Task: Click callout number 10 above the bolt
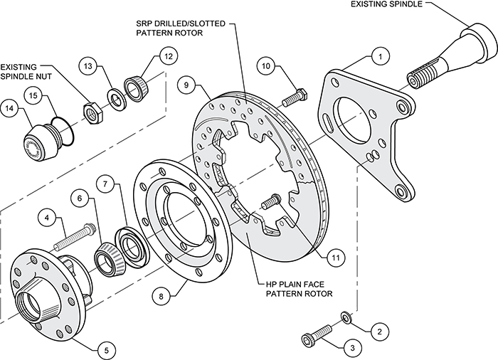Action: click(265, 67)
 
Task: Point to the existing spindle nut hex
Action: click(92, 112)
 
